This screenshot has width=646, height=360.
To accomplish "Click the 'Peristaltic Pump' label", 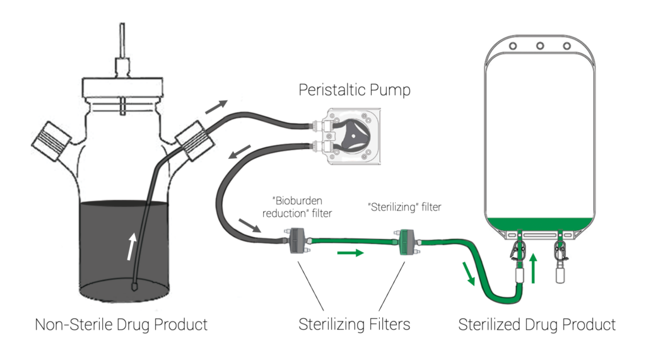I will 354,90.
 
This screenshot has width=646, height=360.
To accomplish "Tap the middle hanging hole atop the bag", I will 539,46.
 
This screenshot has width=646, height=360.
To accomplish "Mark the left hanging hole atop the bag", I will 513,46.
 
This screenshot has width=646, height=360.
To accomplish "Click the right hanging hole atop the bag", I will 567,46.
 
